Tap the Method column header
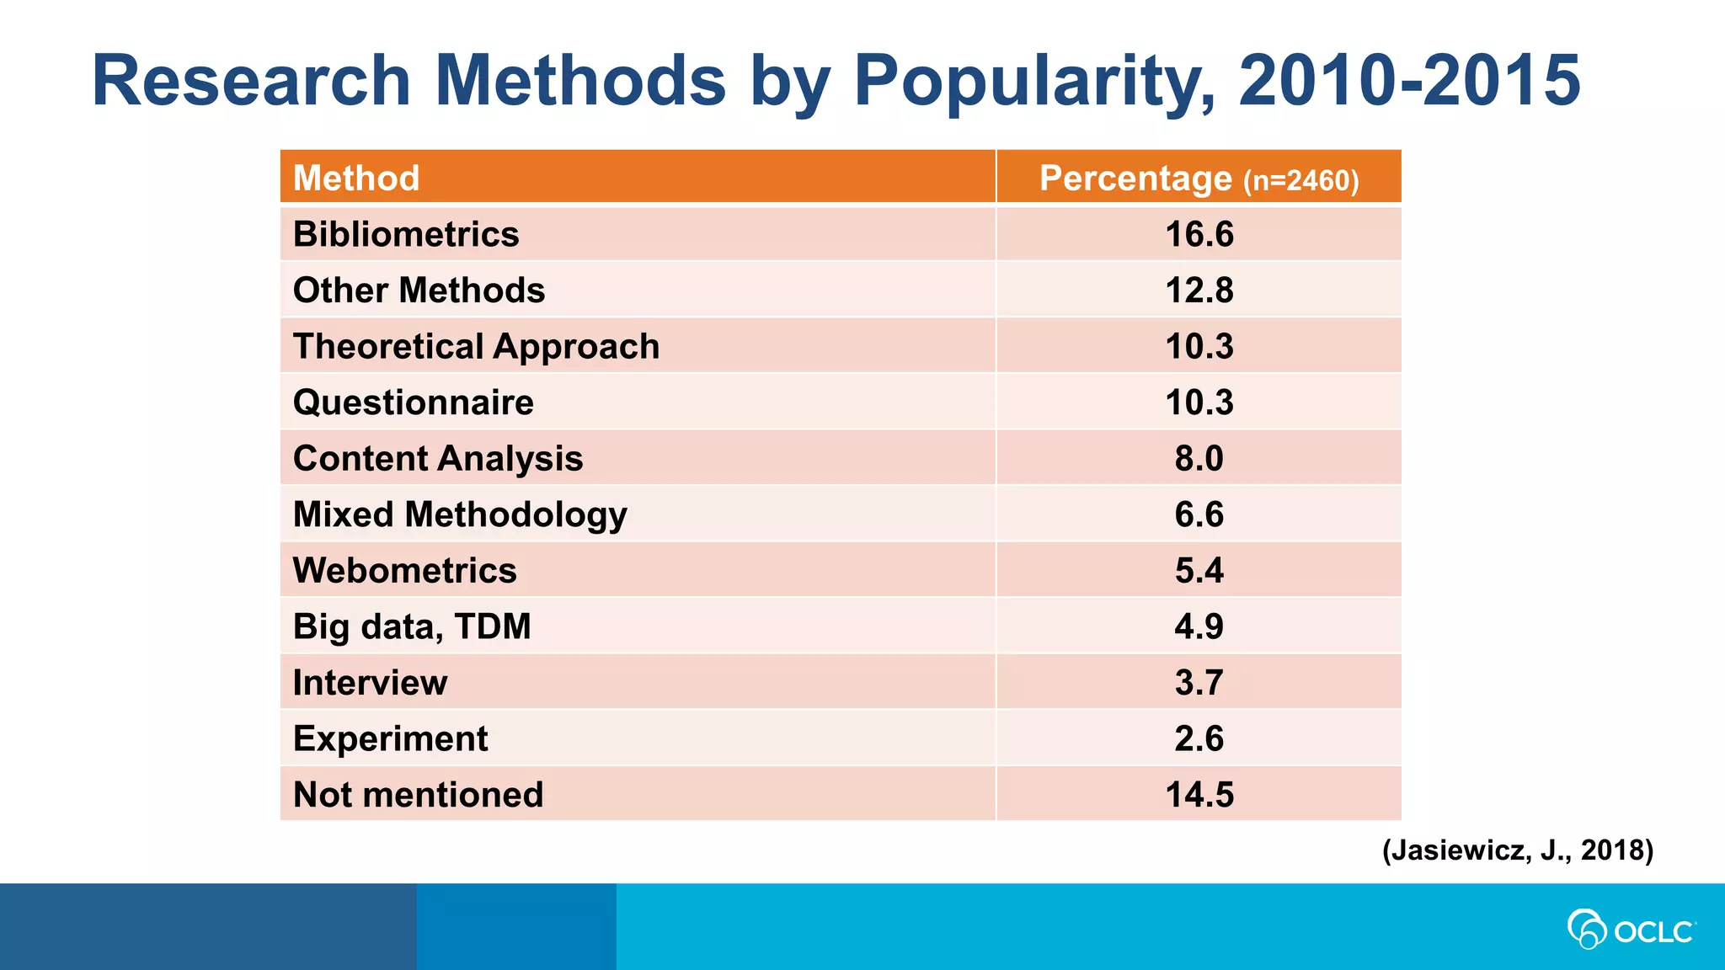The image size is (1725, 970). pos(356,179)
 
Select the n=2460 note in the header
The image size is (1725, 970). pos(1301,181)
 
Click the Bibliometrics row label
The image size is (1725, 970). pos(406,234)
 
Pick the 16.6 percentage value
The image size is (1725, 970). pos(1199,234)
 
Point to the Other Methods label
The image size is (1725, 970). pos(419,290)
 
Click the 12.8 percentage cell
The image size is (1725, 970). pos(1199,290)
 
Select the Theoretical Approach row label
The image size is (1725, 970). pos(476,347)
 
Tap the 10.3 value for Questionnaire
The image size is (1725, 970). pos(1199,402)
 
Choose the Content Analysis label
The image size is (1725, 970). pos(438,459)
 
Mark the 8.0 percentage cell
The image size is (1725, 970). pos(1199,459)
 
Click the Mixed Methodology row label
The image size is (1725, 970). pos(460,514)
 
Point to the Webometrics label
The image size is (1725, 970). pos(404,571)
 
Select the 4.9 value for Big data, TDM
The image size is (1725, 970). pos(1199,626)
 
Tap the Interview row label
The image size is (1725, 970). pos(370,683)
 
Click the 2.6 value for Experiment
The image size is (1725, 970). pos(1199,738)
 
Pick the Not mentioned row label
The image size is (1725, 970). pos(418,795)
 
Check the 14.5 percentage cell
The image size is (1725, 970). pos(1199,795)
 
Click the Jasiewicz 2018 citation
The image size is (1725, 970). pos(1518,850)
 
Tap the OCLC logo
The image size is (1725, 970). pos(1631,930)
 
